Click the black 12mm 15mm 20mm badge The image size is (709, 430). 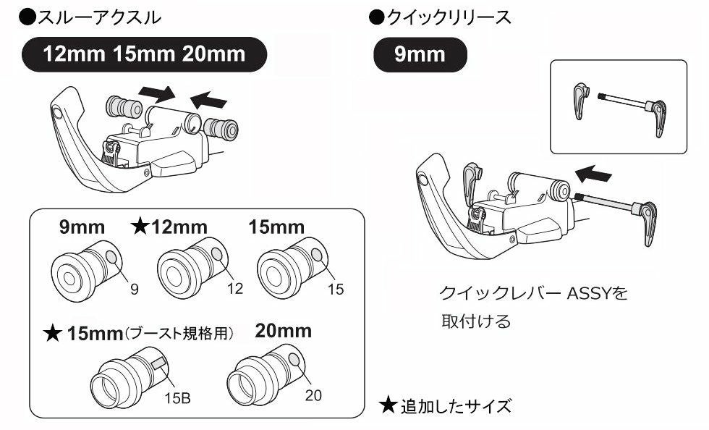[x=144, y=54]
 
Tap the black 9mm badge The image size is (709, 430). [x=420, y=54]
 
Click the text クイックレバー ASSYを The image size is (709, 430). [x=534, y=294]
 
